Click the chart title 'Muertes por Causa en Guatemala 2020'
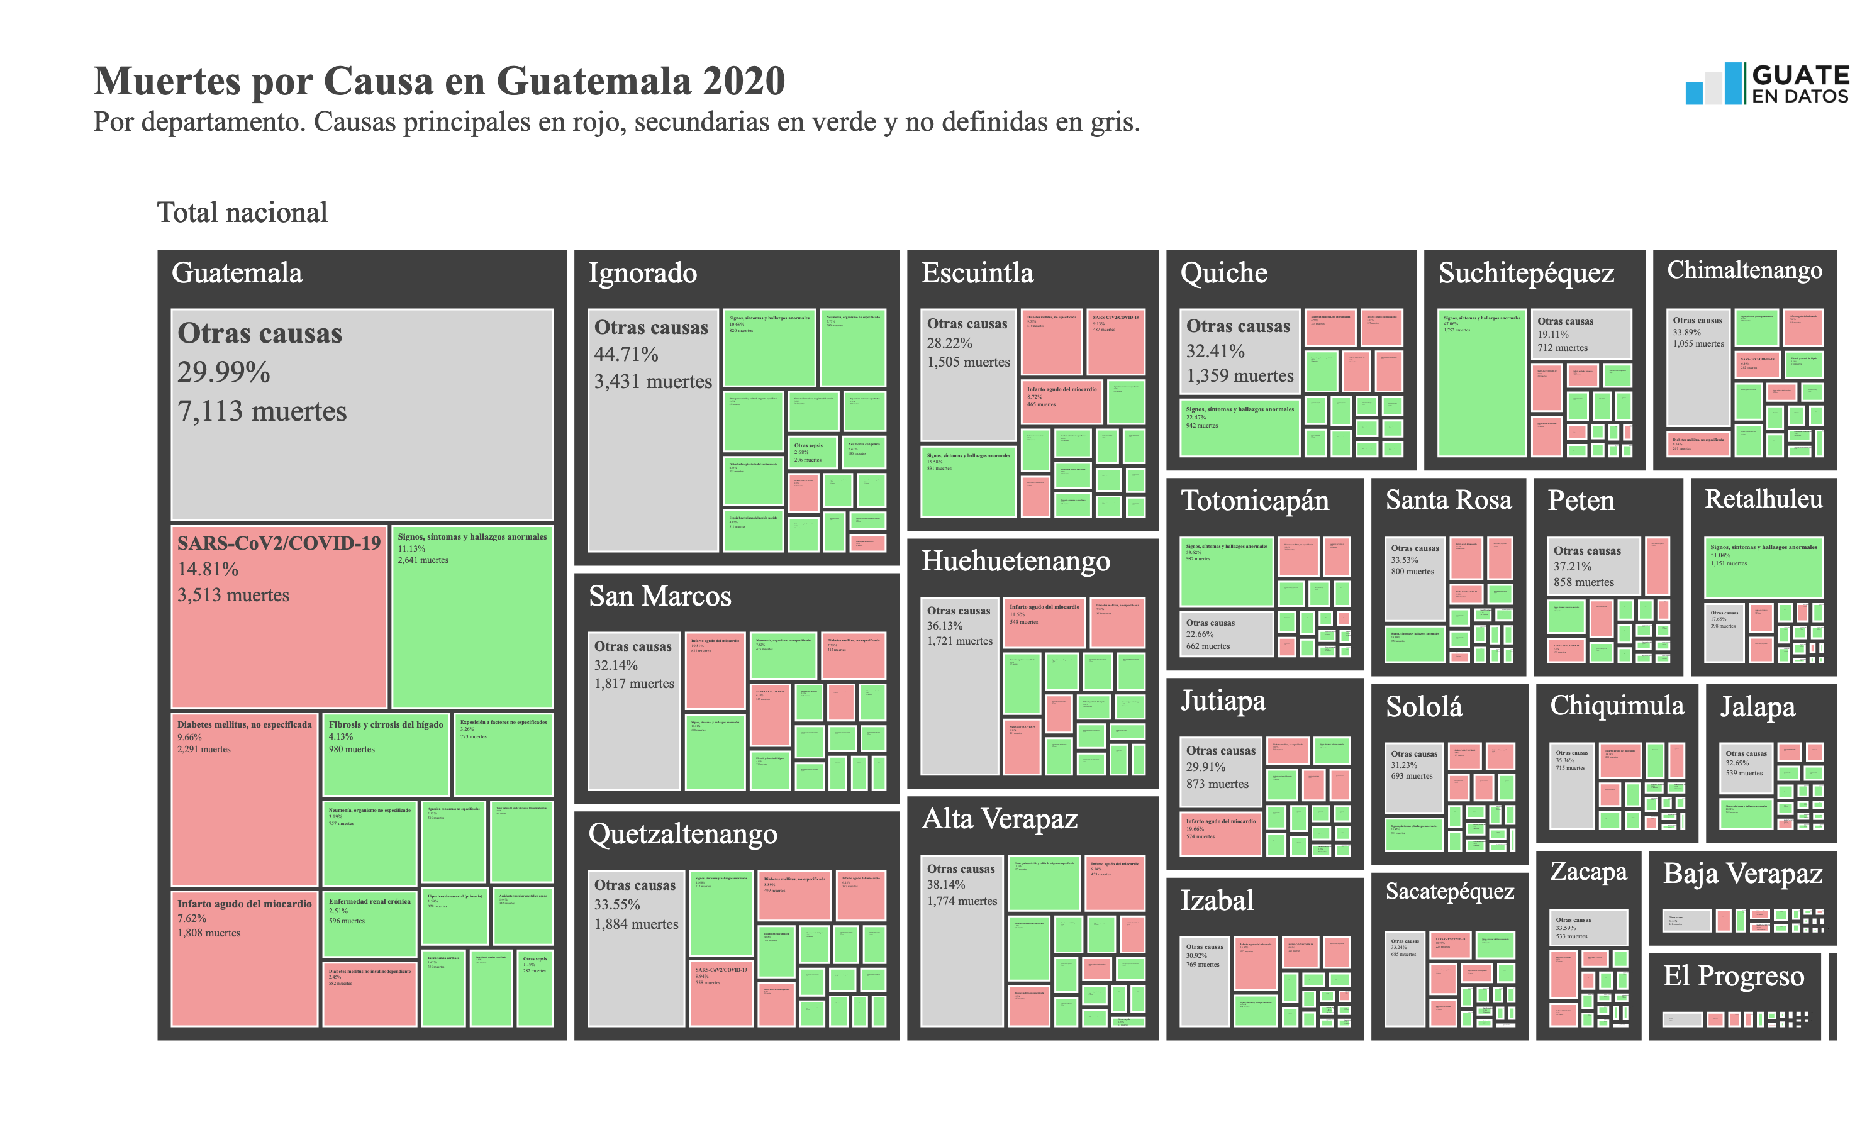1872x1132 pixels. (439, 80)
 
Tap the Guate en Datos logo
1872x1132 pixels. (1766, 84)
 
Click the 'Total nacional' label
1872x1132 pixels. (242, 213)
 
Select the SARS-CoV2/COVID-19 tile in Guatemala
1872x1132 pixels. (279, 616)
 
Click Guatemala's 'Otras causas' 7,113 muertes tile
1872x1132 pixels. (362, 414)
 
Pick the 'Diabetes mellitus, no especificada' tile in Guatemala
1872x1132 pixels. (244, 797)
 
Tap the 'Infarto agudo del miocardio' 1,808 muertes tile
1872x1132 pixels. (244, 957)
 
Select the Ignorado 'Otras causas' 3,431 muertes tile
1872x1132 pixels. (652, 430)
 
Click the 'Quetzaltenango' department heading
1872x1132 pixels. (682, 834)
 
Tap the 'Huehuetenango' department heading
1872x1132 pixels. (1015, 561)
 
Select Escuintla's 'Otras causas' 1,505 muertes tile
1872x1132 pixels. (968, 375)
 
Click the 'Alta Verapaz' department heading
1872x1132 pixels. (999, 819)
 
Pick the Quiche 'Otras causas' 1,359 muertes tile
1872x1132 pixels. (1239, 351)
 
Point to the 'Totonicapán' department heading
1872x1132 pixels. (1254, 501)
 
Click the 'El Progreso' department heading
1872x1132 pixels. (1733, 976)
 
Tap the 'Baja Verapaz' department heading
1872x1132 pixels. (1742, 874)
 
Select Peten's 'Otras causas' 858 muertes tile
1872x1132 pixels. (1593, 566)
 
